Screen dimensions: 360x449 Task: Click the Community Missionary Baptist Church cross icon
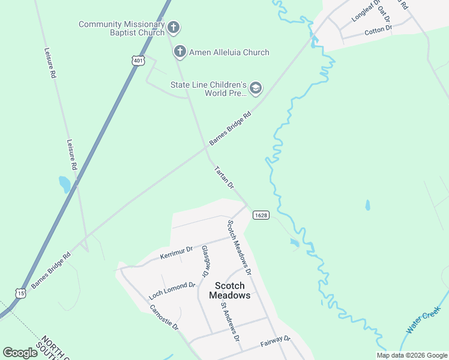tap(173, 27)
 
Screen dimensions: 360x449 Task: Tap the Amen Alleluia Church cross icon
tap(179, 52)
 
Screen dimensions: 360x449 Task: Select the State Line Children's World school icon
tap(256, 89)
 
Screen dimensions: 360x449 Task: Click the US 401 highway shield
tap(139, 61)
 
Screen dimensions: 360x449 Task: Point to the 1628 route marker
tap(261, 215)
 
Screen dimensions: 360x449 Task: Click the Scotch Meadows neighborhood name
tap(229, 290)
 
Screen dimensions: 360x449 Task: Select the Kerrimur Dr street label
tap(176, 253)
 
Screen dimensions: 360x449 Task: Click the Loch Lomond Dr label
tap(172, 290)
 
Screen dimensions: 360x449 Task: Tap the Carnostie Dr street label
tap(164, 317)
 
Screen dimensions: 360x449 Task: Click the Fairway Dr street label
tap(276, 342)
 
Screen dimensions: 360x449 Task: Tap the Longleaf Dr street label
tap(366, 11)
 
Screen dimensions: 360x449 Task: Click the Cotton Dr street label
tap(378, 29)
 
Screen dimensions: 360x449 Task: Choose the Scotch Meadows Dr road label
tap(238, 248)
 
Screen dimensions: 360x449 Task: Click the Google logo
tap(20, 353)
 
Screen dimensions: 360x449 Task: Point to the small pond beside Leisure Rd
tap(64, 184)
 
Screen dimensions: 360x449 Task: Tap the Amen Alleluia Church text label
tap(229, 52)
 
